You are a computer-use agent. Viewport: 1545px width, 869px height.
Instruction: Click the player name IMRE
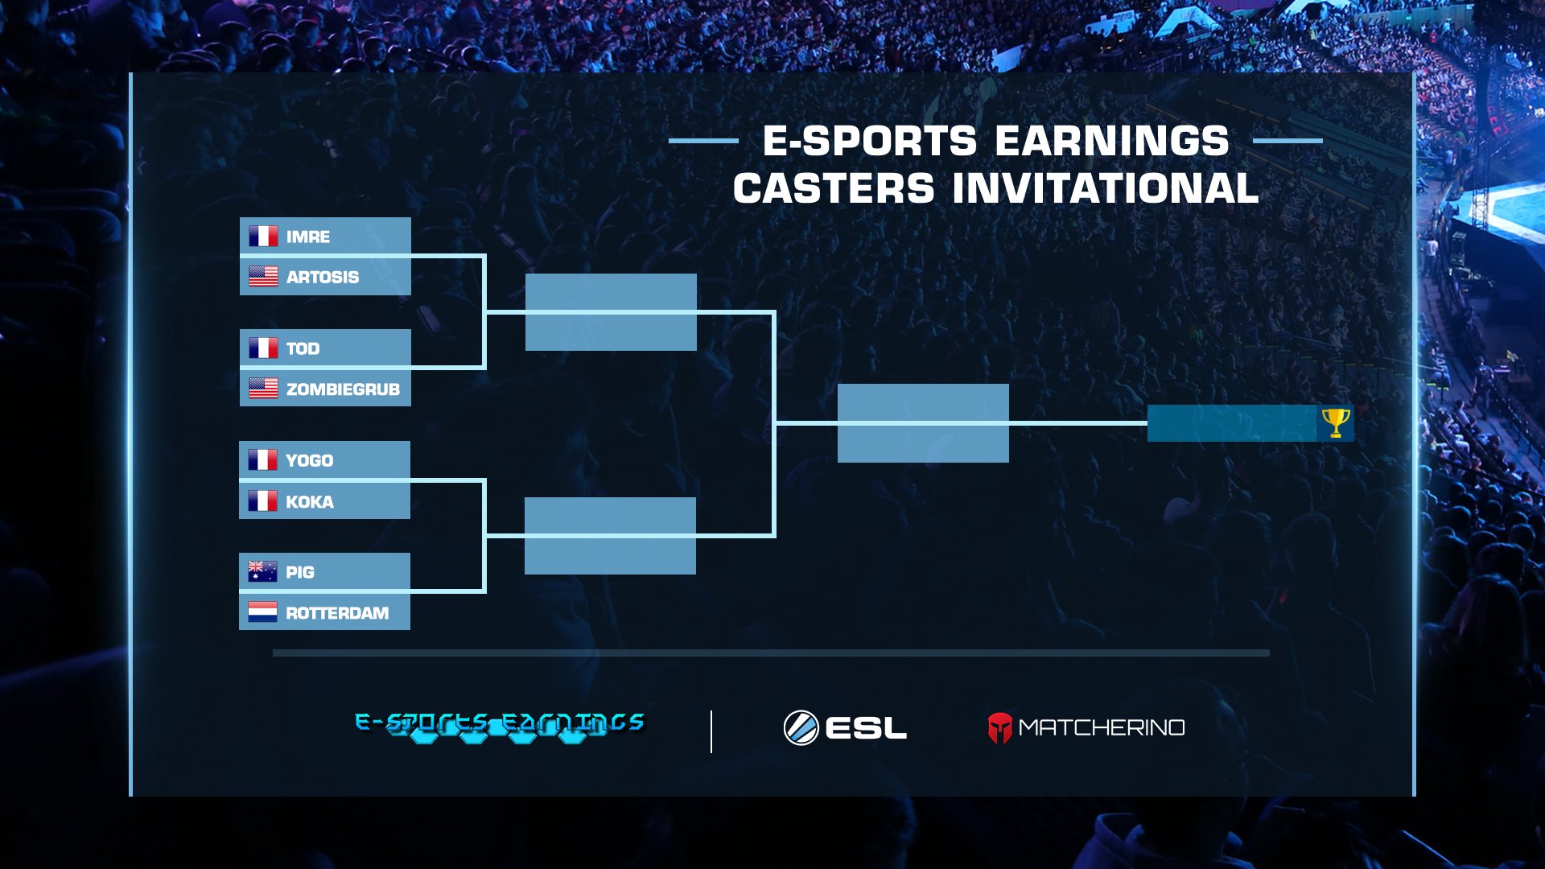[x=308, y=237]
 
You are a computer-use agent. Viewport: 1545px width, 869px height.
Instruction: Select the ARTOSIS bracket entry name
[x=323, y=278]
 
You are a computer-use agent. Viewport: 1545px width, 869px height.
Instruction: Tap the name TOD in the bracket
[x=303, y=349]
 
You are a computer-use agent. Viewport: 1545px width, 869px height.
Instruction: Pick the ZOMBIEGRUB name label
[x=343, y=389]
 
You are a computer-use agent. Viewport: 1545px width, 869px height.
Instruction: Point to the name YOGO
[x=309, y=461]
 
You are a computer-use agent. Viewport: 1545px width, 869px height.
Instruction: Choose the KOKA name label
[x=309, y=502]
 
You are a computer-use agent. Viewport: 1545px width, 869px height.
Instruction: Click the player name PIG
[x=299, y=573]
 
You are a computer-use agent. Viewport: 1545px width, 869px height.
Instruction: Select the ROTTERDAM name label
[x=336, y=614]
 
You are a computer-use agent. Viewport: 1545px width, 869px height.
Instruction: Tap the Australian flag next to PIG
[x=262, y=572]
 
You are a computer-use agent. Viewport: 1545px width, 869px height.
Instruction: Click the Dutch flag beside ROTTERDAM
[x=262, y=612]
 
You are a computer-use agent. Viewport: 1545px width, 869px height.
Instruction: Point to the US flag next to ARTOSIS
[x=263, y=277]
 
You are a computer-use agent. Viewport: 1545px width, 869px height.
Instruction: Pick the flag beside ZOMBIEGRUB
[x=263, y=389]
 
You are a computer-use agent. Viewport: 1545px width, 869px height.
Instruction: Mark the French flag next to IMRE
[x=263, y=237]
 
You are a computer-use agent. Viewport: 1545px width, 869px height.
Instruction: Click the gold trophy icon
[x=1335, y=422]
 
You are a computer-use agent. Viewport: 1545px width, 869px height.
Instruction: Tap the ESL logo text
[x=866, y=729]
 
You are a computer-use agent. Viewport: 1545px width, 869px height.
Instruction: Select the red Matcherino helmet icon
[x=999, y=728]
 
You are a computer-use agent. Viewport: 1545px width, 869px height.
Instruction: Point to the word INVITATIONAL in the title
[x=1106, y=189]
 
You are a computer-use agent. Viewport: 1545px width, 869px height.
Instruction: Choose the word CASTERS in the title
[x=834, y=189]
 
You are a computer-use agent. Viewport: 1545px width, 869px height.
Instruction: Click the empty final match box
[x=923, y=423]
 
